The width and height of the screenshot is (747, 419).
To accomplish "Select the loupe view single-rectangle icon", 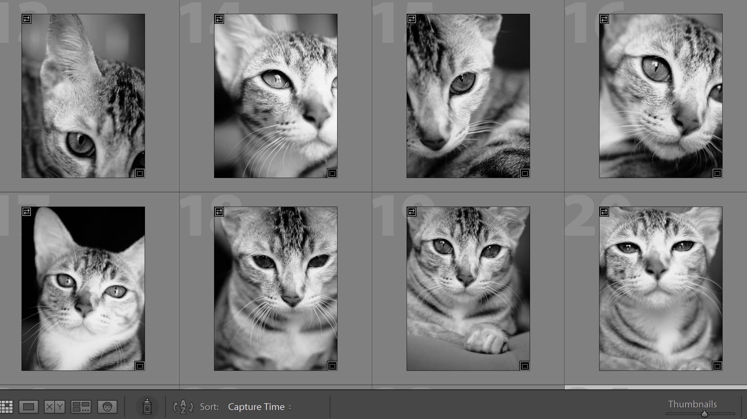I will (x=29, y=407).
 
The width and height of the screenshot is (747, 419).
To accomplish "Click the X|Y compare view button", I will (x=54, y=407).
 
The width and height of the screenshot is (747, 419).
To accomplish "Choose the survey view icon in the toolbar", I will (x=81, y=407).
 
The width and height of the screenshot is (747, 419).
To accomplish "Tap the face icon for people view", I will (x=107, y=407).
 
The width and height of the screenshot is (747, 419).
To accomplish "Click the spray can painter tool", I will (x=147, y=406).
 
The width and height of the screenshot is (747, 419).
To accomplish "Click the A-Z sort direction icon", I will (x=183, y=407).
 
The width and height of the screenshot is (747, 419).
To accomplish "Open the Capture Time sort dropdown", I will (x=260, y=407).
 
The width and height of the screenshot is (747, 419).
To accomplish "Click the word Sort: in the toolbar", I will (x=209, y=407).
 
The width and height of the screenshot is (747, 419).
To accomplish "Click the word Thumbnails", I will (x=692, y=404).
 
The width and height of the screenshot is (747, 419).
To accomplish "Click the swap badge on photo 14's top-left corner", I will (x=219, y=19).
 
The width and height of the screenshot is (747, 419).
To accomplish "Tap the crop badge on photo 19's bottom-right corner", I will (x=525, y=366).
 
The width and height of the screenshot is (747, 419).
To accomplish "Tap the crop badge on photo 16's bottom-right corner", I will (x=717, y=173).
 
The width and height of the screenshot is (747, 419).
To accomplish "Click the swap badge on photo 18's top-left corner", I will (x=219, y=212).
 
